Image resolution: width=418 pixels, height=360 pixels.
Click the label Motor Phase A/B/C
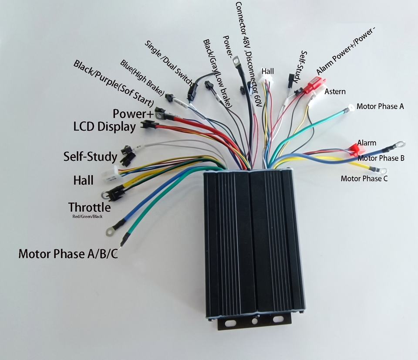67,254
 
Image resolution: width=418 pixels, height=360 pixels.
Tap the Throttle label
89,207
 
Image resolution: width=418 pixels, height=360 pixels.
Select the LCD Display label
104,127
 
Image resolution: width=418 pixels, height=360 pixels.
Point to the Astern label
335,92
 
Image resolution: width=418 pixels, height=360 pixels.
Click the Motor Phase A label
380,106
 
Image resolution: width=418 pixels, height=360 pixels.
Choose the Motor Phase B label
381,158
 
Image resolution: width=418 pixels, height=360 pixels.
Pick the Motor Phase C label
364,178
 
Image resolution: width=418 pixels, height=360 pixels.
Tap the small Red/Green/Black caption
87,217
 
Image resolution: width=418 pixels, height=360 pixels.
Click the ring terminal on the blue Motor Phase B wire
400,143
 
